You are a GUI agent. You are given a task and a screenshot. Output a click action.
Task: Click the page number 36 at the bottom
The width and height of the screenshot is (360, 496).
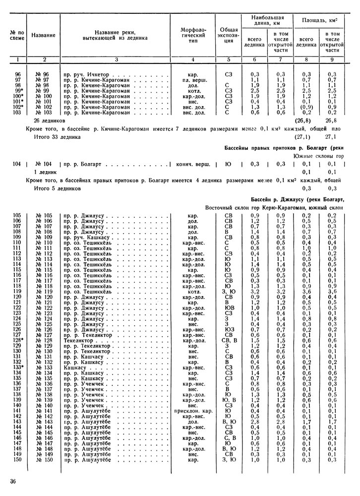(x=13, y=481)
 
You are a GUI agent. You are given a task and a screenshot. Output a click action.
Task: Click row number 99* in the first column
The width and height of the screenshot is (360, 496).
(x=18, y=90)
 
